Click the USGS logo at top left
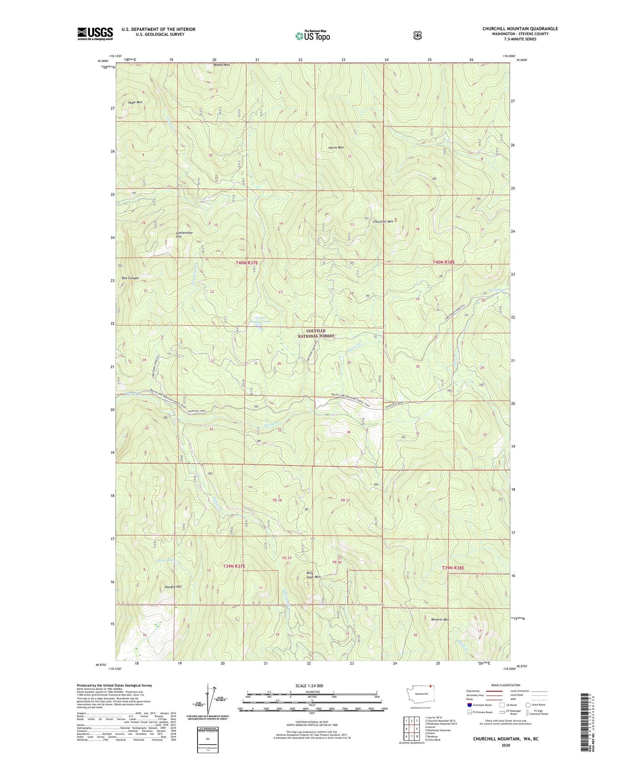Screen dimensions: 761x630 click(95, 34)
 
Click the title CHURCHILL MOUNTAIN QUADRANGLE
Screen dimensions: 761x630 click(520, 29)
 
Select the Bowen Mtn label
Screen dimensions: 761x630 click(221, 65)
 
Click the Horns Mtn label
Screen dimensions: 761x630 click(336, 148)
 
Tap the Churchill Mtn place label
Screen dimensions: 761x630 click(383, 221)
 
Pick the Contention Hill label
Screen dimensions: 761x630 click(184, 234)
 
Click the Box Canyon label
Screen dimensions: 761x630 click(130, 278)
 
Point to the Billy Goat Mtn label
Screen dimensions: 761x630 click(313, 575)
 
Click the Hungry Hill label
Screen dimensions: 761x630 click(173, 587)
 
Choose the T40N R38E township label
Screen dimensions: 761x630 click(443, 262)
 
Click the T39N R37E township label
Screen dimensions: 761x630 click(234, 566)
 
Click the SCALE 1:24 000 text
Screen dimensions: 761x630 click(309, 686)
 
